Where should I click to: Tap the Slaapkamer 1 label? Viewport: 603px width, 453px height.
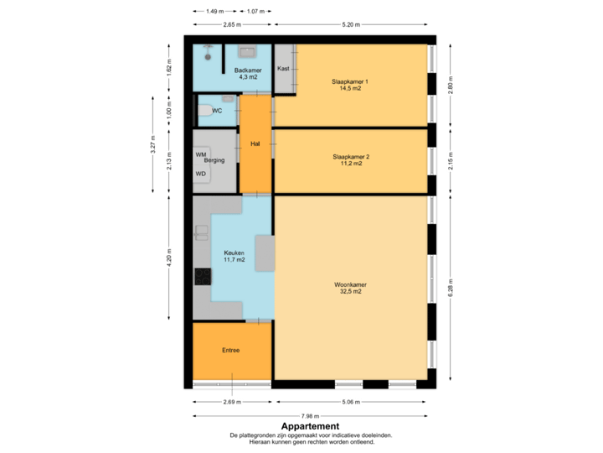(x=350, y=81)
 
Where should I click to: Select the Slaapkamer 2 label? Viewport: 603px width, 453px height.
(x=350, y=157)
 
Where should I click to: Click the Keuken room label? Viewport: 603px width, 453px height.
(x=234, y=253)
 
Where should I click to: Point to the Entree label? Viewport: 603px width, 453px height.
(x=231, y=351)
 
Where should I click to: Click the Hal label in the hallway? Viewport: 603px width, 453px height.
(x=255, y=144)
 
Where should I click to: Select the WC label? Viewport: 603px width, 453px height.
(x=217, y=111)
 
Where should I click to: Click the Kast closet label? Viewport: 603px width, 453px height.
(x=283, y=69)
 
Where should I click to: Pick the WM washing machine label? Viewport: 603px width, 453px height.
(x=200, y=155)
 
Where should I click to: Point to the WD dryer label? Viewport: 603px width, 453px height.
(x=200, y=174)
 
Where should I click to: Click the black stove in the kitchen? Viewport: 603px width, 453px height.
(x=203, y=276)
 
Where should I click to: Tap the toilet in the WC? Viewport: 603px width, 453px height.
(x=204, y=110)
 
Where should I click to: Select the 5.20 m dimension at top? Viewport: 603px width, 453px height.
(x=352, y=24)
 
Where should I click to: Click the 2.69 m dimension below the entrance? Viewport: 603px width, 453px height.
(x=232, y=402)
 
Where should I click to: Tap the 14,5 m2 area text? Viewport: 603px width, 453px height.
(x=350, y=89)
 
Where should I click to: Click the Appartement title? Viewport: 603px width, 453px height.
(x=310, y=425)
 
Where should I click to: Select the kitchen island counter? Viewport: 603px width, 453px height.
(x=264, y=253)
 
